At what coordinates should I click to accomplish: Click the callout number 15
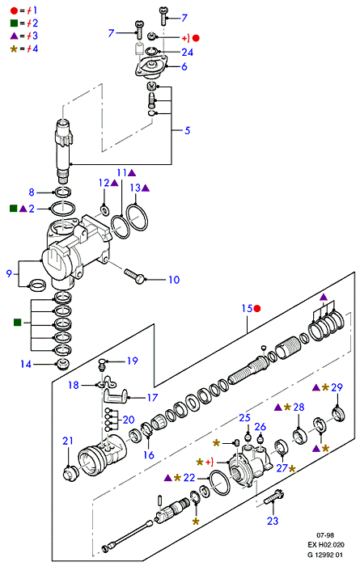click(x=247, y=308)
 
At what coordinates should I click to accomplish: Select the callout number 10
click(x=174, y=280)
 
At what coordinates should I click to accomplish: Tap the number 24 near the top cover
click(x=188, y=53)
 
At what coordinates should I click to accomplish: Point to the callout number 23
click(x=273, y=521)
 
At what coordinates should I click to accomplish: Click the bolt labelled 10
click(x=134, y=276)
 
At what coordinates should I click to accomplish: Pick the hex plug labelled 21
click(x=70, y=473)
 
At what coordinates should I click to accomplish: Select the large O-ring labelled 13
click(x=138, y=218)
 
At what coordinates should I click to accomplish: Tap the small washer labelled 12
click(x=104, y=209)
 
